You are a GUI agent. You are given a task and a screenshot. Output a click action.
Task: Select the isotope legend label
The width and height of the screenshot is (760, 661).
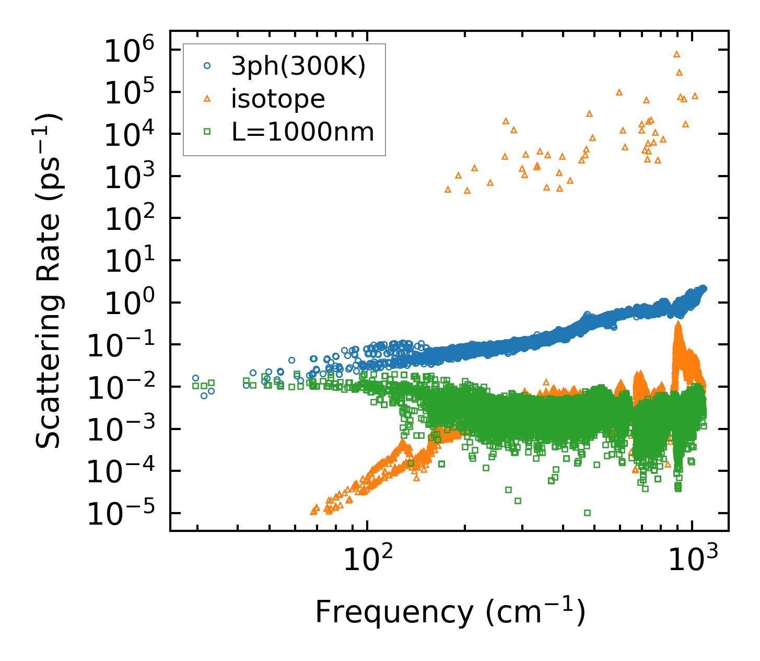pos(278,99)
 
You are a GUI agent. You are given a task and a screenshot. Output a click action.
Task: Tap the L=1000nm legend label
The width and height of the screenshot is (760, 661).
pos(303,132)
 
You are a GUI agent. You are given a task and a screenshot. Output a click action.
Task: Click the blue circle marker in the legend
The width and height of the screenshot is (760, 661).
pos(207,66)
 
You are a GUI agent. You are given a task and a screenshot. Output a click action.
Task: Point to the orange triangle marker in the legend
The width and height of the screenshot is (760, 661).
pos(207,99)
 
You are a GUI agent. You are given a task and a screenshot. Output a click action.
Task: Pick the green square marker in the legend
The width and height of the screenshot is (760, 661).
pos(207,132)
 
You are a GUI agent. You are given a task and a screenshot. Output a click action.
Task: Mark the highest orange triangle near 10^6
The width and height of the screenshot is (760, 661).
pos(676,54)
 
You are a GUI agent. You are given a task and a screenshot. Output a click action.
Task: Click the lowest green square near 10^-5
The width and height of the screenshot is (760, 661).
pos(587,513)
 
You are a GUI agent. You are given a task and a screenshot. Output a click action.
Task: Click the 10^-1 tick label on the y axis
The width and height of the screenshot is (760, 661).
pos(121,346)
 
